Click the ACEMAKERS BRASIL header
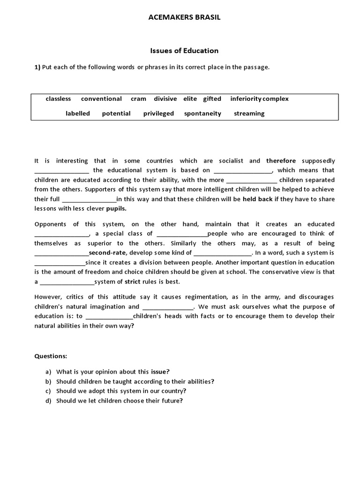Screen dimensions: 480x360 click(184, 17)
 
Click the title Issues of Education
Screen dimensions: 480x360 click(184, 51)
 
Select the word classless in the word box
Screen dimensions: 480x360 click(58, 99)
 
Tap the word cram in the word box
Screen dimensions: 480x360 click(138, 99)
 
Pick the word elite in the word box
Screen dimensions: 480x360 click(190, 99)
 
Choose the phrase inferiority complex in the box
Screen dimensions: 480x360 click(259, 99)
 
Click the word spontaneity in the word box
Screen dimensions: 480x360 click(202, 113)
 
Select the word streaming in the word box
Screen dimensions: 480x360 click(249, 113)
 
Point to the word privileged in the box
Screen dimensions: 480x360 click(158, 113)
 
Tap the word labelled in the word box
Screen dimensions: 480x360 click(78, 113)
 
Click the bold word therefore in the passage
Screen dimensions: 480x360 click(281, 161)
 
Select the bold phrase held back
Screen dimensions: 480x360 click(257, 199)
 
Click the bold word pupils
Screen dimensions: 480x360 click(116, 209)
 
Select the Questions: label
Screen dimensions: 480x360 click(51, 356)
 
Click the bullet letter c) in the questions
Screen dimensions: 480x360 click(48, 391)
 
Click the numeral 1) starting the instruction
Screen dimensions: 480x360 click(37, 67)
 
